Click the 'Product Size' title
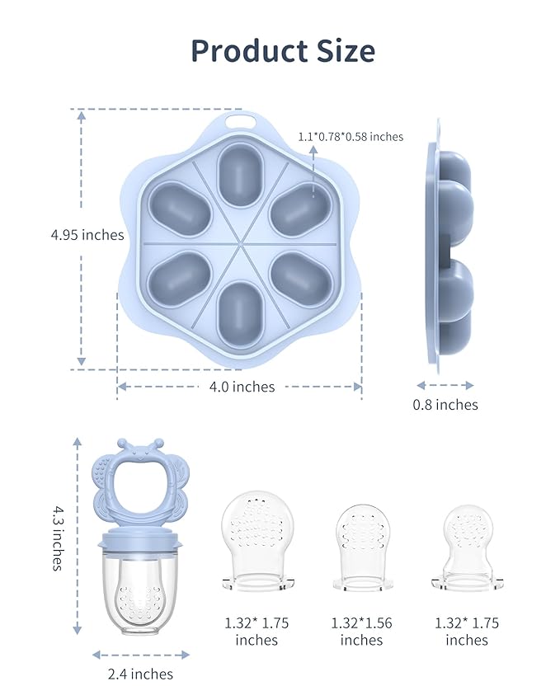tap(283, 51)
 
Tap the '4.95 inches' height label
tap(87, 235)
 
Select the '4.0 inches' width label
tap(242, 387)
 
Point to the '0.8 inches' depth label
tap(445, 405)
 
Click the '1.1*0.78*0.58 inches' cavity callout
tap(351, 137)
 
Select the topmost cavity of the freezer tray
tap(241, 174)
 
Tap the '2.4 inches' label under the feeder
tap(140, 674)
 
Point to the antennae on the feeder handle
tap(134, 446)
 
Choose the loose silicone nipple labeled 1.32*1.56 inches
tap(362, 544)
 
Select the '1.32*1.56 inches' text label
tap(362, 632)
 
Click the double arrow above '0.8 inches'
tap(445, 385)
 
